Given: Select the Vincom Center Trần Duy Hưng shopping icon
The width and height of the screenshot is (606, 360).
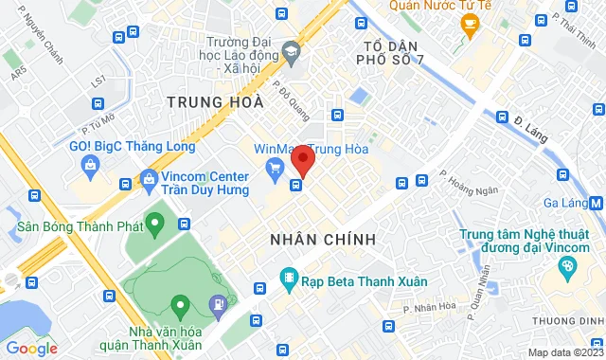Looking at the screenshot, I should tap(148, 178).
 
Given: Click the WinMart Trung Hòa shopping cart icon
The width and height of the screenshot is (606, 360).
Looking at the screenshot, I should tap(276, 169).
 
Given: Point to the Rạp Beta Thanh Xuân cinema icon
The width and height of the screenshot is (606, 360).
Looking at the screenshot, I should tap(288, 280).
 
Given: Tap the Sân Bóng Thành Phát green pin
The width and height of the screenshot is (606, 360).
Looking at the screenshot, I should tap(157, 225).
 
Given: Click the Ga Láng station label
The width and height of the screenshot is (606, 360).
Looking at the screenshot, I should tap(566, 204).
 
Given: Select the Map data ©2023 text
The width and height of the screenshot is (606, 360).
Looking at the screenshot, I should tap(564, 352).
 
